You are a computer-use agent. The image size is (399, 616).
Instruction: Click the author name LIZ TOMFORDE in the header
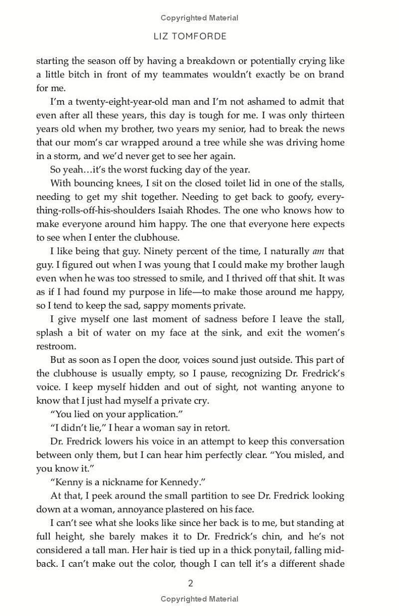click(199, 37)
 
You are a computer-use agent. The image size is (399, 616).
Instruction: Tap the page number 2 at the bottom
click(190, 583)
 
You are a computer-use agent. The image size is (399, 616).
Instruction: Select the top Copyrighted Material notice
click(199, 18)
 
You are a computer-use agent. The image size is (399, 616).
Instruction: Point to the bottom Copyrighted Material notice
click(199, 599)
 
